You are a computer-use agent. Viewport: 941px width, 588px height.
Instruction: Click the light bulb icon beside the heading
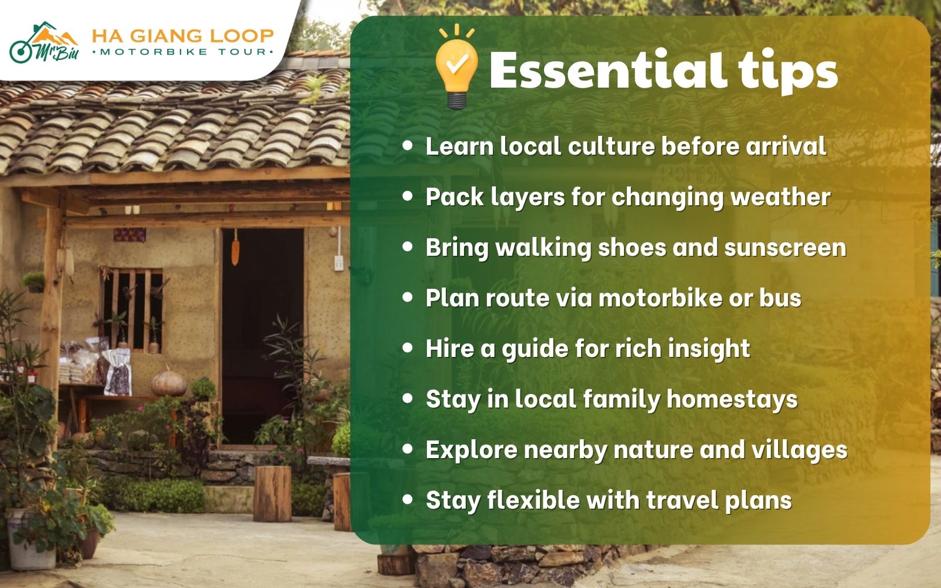tap(456, 68)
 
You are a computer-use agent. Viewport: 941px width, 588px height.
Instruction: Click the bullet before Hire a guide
tap(408, 348)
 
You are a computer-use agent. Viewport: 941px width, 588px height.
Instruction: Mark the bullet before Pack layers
tap(408, 196)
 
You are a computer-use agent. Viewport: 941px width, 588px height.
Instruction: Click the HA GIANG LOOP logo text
tap(182, 36)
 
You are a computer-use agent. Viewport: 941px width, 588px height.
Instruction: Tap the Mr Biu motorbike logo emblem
tap(44, 44)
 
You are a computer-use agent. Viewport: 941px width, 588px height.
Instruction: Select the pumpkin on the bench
tap(169, 383)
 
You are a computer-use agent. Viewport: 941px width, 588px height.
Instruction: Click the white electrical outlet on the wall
tap(338, 263)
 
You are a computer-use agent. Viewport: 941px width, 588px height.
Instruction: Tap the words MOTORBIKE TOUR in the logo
tap(182, 52)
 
